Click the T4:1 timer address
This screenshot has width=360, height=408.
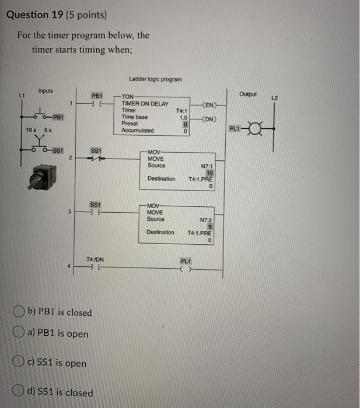(x=181, y=110)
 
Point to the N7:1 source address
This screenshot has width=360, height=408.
(x=206, y=166)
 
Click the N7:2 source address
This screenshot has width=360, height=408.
(x=205, y=220)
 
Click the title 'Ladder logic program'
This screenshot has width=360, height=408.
(x=156, y=79)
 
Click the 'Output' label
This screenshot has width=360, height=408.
(x=248, y=94)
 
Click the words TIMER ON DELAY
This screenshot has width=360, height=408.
(x=145, y=104)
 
